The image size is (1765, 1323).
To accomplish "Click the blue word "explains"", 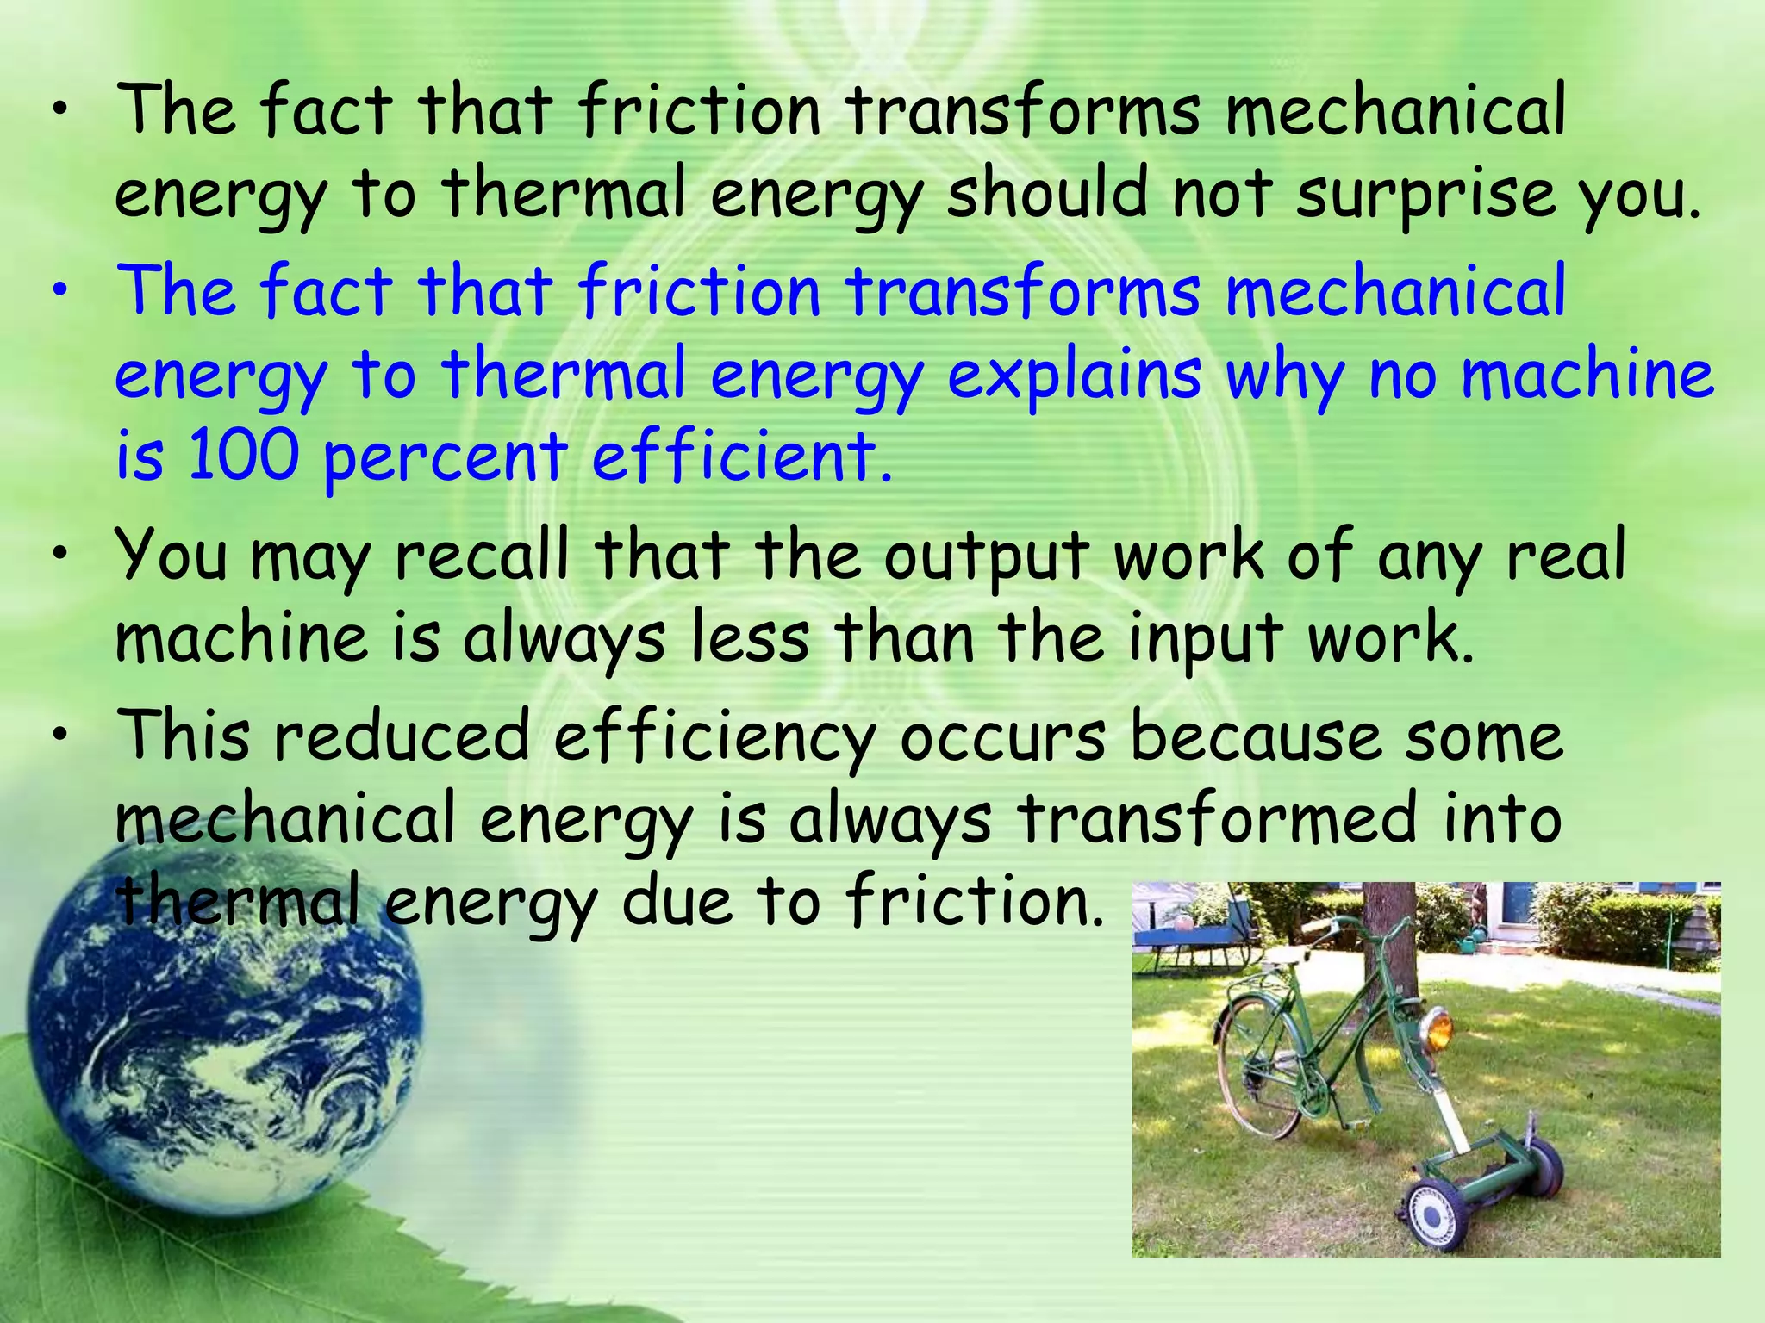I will coord(1074,376).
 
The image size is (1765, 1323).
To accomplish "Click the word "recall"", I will coord(482,556).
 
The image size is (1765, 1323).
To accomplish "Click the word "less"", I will coord(751,638).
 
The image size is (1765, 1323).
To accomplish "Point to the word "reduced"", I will coord(402,736).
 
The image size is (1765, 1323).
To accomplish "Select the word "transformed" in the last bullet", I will coord(1216,818).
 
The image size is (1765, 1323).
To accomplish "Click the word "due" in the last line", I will coord(677,901).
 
